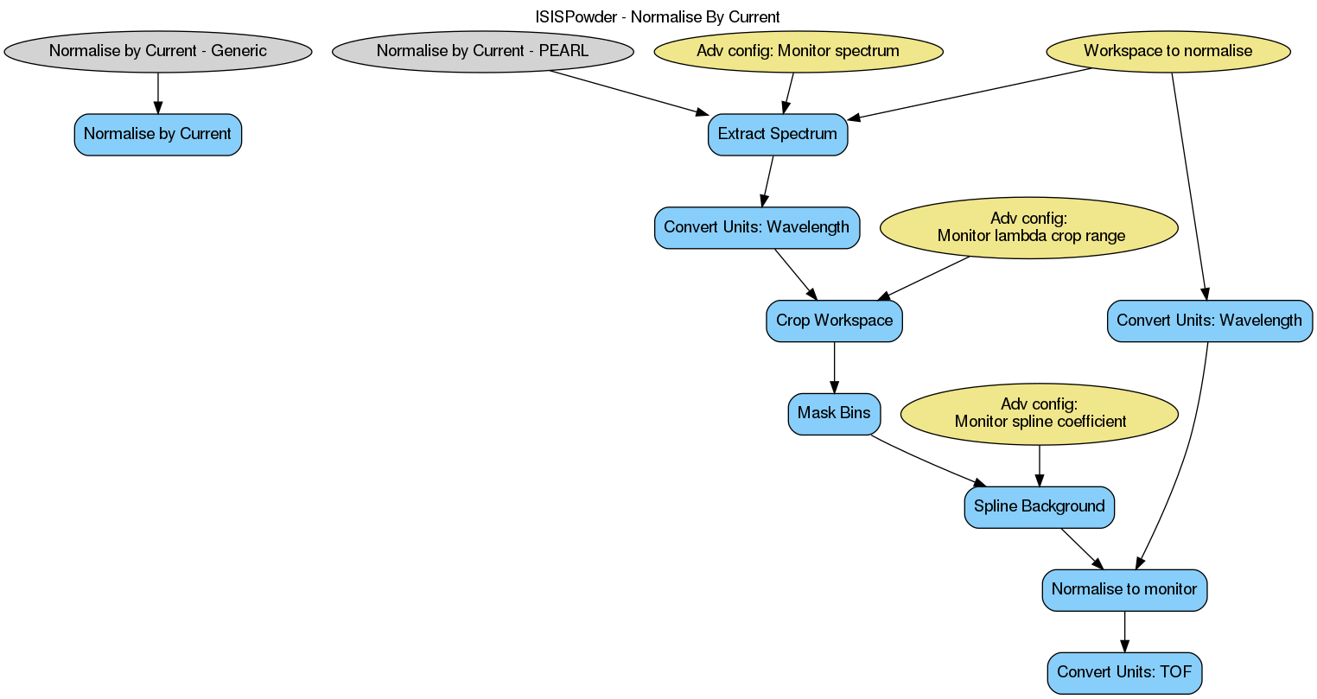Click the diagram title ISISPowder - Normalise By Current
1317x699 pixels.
658,16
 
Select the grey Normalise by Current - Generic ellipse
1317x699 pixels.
158,51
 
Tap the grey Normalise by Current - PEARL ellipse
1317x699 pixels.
482,51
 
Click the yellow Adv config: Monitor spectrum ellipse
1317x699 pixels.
798,51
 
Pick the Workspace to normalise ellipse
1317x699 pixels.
1167,51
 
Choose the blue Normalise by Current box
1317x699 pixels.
158,135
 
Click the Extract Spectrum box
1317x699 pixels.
778,135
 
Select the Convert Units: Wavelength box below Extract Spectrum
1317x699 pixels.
757,228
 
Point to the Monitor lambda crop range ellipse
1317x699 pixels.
1028,228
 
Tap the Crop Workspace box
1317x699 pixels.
834,321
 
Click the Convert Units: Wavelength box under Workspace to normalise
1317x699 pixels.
1209,321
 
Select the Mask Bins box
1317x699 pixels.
834,414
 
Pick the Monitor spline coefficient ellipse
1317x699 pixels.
1040,414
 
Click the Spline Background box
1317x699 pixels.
1040,507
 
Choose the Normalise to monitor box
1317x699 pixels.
1124,590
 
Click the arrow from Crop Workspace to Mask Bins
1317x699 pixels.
834,368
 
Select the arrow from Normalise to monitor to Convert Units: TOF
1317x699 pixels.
1124,632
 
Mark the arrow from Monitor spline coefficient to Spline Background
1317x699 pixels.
1040,466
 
